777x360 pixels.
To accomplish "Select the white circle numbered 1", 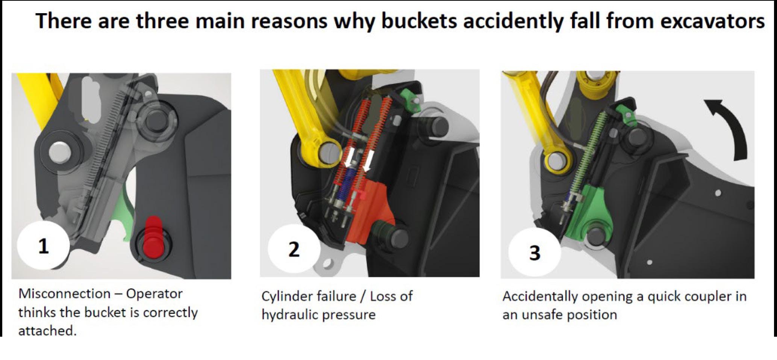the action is (x=44, y=246).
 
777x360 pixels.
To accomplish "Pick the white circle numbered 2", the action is (x=294, y=249).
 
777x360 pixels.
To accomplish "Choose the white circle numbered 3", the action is (x=535, y=252).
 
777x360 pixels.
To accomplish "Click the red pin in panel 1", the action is (x=153, y=237).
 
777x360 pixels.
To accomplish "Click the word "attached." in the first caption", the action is (x=47, y=331).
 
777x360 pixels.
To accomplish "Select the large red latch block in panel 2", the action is (x=370, y=212).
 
